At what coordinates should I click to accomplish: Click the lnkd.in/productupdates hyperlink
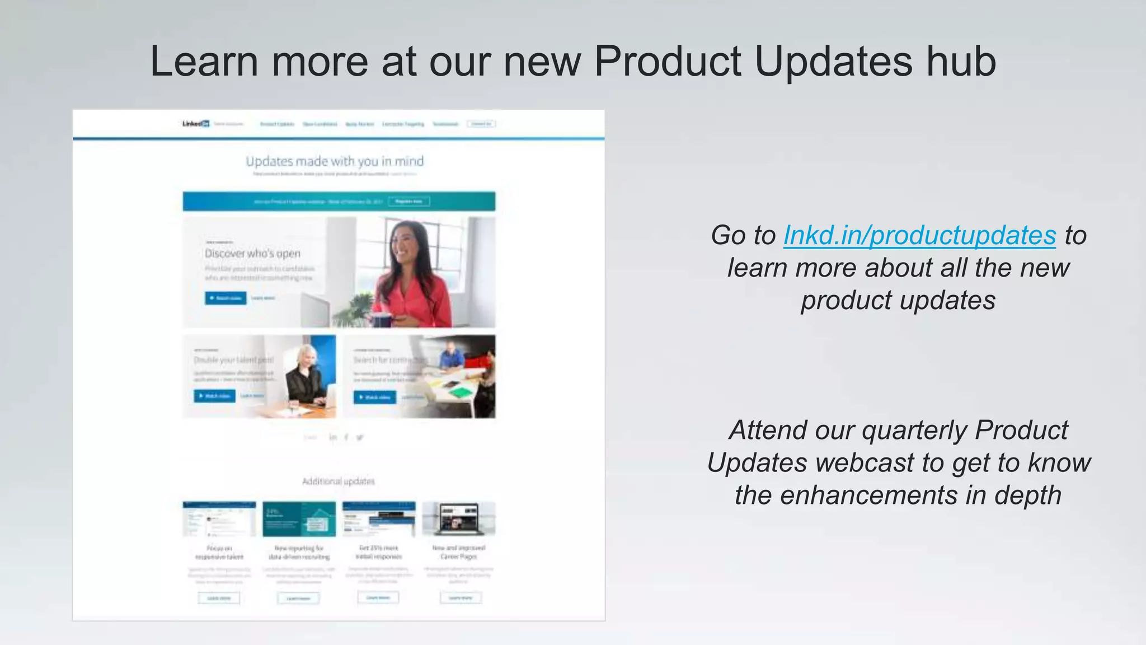[919, 235]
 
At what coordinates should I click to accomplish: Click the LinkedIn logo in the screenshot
[196, 124]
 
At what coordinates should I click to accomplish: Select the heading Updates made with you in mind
[335, 161]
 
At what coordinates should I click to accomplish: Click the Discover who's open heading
[252, 253]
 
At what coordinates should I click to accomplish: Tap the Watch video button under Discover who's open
[226, 298]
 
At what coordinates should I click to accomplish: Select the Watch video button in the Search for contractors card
[374, 397]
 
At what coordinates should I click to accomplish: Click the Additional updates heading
[338, 481]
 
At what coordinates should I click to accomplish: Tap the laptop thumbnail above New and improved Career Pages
[459, 518]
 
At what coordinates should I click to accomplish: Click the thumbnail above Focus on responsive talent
[219, 518]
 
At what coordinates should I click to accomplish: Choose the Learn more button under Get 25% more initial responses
[378, 597]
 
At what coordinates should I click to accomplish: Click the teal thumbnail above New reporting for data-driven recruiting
[299, 518]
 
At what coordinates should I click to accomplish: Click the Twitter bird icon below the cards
[360, 437]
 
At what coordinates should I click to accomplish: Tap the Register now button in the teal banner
[408, 201]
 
